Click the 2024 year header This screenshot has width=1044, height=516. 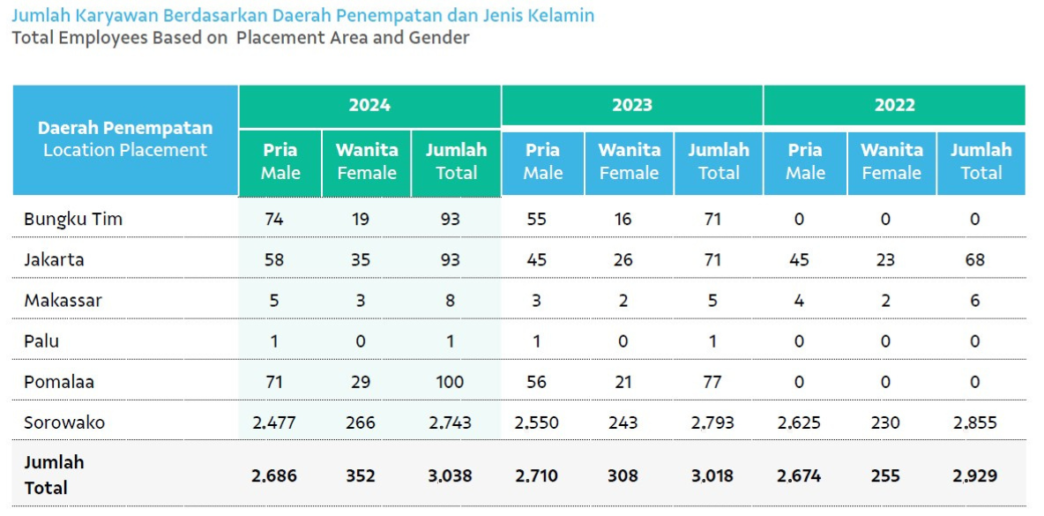pyautogui.click(x=369, y=105)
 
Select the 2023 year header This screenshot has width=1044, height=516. pyautogui.click(x=632, y=105)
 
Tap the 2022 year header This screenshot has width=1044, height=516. pyautogui.click(x=895, y=105)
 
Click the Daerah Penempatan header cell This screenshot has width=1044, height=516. pyautogui.click(x=125, y=140)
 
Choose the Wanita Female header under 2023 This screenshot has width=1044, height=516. pyautogui.click(x=630, y=161)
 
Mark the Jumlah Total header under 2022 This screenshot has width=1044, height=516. pyautogui.click(x=981, y=161)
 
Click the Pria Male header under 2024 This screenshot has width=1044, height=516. pyautogui.click(x=280, y=161)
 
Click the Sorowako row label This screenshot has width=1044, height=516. pyautogui.click(x=64, y=423)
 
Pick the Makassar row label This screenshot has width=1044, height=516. pyautogui.click(x=63, y=300)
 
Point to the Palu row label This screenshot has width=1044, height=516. pyautogui.click(x=41, y=341)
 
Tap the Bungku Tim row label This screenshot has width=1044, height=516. pyautogui.click(x=73, y=220)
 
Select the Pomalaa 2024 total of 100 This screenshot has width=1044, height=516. pyautogui.click(x=450, y=382)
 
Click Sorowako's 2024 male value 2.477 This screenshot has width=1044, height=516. pyautogui.click(x=274, y=423)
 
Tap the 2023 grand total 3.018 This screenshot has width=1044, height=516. pyautogui.click(x=712, y=476)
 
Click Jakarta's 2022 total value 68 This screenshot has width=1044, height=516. pyautogui.click(x=974, y=259)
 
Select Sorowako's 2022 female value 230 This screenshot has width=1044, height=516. pyautogui.click(x=885, y=423)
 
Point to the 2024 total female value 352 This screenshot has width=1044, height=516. pyautogui.click(x=361, y=476)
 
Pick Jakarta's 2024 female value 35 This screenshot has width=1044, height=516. pyautogui.click(x=361, y=259)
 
